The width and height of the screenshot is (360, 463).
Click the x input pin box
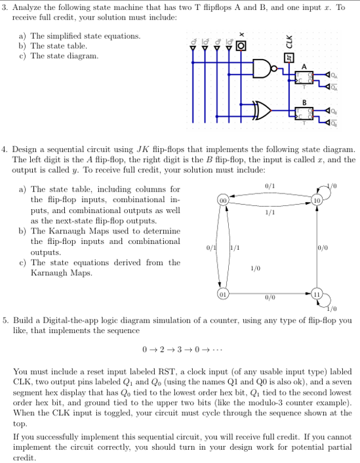[241, 46]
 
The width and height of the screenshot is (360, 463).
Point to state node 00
[224, 199]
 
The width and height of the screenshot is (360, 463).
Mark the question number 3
[5, 7]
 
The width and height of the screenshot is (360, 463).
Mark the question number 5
[5, 320]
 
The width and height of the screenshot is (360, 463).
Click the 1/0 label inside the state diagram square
[255, 268]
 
